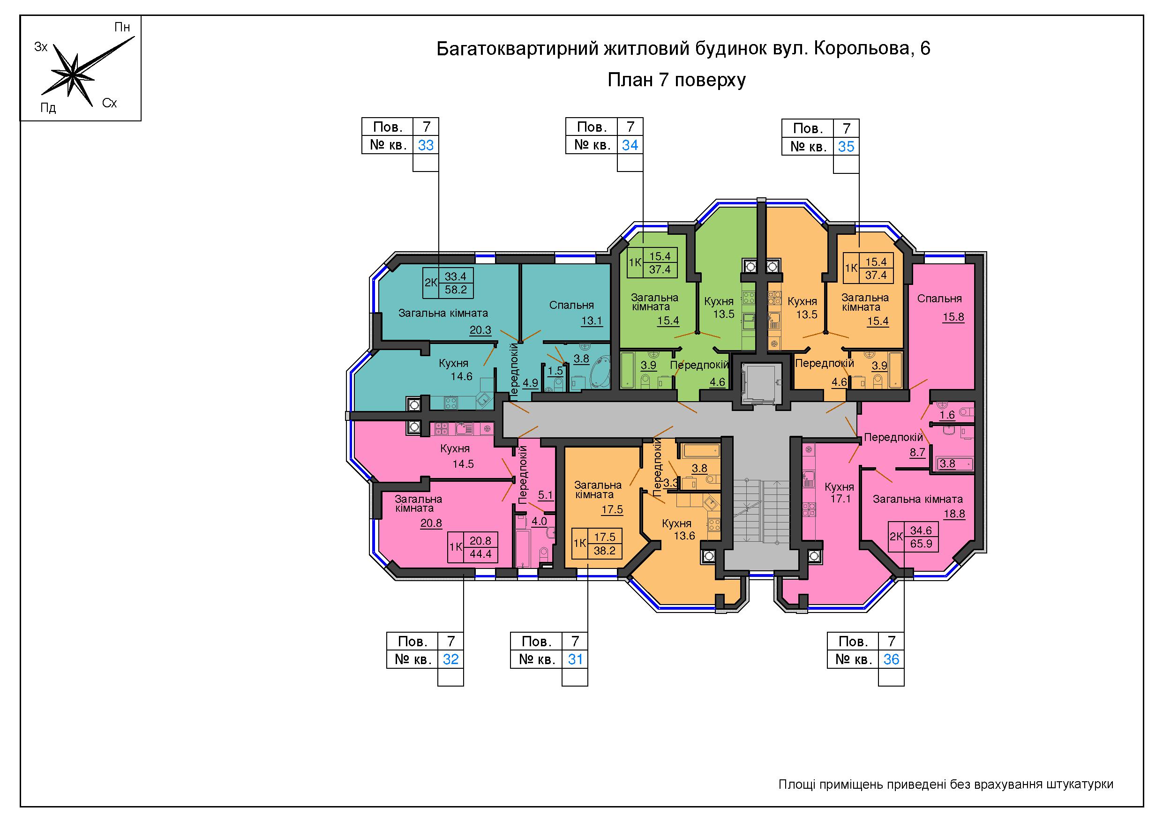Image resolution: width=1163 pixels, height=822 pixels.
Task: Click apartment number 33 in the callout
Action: pos(426,145)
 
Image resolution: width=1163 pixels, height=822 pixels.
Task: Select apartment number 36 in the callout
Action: pos(891,659)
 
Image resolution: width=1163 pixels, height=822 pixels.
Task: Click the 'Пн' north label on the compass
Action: pos(122,27)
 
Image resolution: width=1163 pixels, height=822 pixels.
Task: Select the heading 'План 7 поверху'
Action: pos(676,81)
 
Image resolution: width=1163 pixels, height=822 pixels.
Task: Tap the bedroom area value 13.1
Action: pos(591,320)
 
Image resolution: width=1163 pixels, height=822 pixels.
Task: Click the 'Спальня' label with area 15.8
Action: pos(939,299)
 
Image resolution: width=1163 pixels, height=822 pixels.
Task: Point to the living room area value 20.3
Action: pos(480,330)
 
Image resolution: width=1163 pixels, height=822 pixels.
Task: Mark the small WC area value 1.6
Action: pos(947,415)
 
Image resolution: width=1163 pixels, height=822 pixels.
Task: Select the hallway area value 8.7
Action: pos(917,452)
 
